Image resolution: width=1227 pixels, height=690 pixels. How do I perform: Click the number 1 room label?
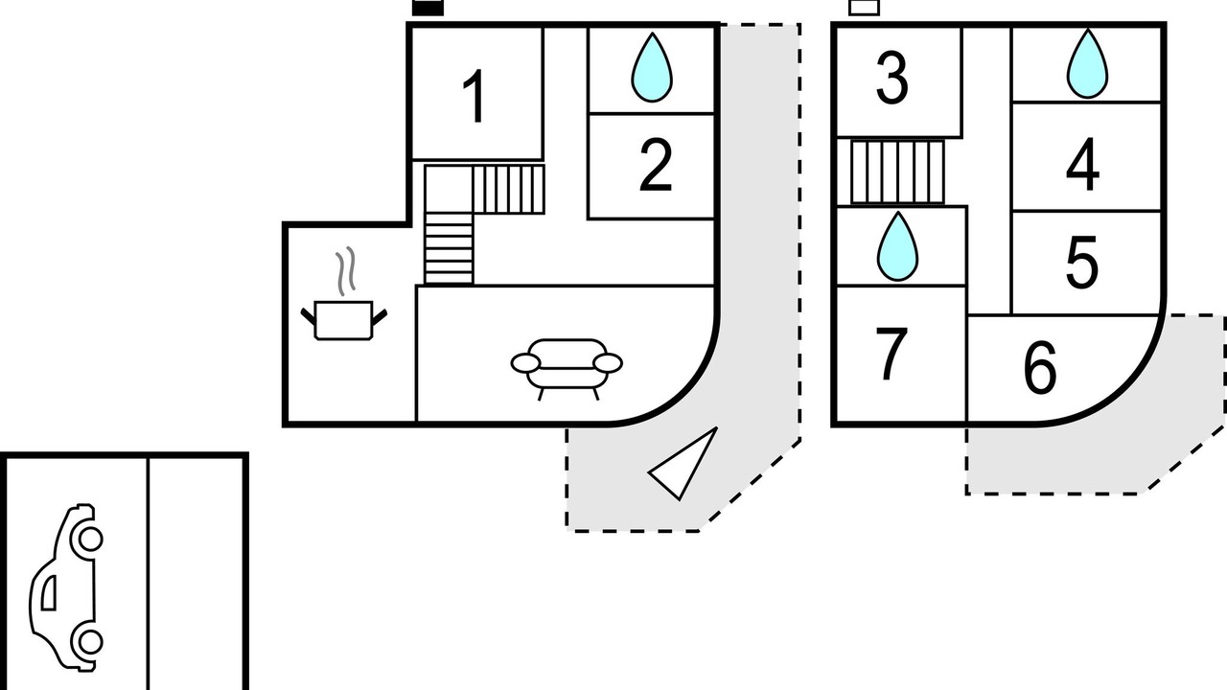pyautogui.click(x=475, y=97)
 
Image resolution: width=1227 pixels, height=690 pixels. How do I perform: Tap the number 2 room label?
pyautogui.click(x=656, y=165)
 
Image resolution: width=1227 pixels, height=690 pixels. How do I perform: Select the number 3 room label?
pyautogui.click(x=892, y=78)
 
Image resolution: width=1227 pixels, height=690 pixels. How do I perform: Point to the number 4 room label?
pyautogui.click(x=1082, y=165)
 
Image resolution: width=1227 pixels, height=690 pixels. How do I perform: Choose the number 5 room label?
pyautogui.click(x=1082, y=262)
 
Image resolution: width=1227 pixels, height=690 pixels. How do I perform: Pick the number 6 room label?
pyautogui.click(x=1040, y=367)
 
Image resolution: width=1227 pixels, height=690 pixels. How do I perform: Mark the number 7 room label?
pyautogui.click(x=891, y=354)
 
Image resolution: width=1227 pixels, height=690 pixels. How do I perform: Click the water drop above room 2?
pyautogui.click(x=652, y=67)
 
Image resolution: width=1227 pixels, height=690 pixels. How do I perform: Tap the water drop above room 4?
pyautogui.click(x=1087, y=63)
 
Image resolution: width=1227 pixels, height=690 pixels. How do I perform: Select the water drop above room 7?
pyautogui.click(x=897, y=246)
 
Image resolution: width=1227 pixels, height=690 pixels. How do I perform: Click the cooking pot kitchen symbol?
pyautogui.click(x=344, y=320)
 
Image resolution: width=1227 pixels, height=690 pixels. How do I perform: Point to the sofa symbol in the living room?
pyautogui.click(x=567, y=368)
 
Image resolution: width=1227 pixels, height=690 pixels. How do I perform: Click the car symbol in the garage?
pyautogui.click(x=66, y=587)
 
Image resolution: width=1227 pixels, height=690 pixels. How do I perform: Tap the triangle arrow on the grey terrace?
pyautogui.click(x=683, y=465)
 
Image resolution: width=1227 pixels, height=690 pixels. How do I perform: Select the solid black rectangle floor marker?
pyautogui.click(x=428, y=8)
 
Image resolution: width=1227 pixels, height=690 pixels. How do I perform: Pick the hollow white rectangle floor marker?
pyautogui.click(x=865, y=7)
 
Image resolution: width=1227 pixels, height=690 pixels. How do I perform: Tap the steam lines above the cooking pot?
pyautogui.click(x=346, y=271)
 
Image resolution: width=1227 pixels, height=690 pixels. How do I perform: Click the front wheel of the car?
pyautogui.click(x=90, y=539)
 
